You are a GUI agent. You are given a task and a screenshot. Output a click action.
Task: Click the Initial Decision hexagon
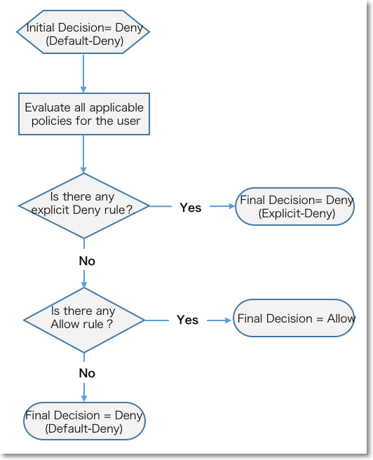[83, 32]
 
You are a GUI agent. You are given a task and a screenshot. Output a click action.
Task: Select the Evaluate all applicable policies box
[84, 114]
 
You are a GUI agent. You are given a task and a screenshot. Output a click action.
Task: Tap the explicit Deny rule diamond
[84, 206]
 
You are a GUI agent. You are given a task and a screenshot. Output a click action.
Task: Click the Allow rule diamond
[84, 320]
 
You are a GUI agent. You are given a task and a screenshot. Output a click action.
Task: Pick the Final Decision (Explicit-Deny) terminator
[294, 207]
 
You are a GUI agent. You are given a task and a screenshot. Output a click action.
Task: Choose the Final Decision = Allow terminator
[294, 318]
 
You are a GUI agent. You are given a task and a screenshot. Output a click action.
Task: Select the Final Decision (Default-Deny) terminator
[84, 421]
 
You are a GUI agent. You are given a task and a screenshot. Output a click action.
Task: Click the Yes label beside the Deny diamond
[191, 208]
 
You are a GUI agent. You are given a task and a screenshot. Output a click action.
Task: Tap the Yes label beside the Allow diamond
[188, 320]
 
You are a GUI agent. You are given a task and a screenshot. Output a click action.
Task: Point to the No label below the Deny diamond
[87, 261]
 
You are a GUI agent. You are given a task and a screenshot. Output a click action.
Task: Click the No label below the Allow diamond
[87, 373]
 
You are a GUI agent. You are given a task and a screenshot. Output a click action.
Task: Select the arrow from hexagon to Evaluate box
[83, 74]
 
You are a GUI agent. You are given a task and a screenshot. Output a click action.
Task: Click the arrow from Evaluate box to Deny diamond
[83, 154]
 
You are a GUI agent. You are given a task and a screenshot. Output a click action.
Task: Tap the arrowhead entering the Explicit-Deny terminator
[232, 206]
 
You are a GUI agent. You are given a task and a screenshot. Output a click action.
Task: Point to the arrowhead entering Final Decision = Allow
[228, 320]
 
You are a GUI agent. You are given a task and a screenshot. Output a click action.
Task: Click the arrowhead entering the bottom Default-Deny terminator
[84, 398]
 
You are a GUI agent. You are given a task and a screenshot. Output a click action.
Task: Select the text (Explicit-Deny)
[297, 214]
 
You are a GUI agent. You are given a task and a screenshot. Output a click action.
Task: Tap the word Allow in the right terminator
[341, 318]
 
